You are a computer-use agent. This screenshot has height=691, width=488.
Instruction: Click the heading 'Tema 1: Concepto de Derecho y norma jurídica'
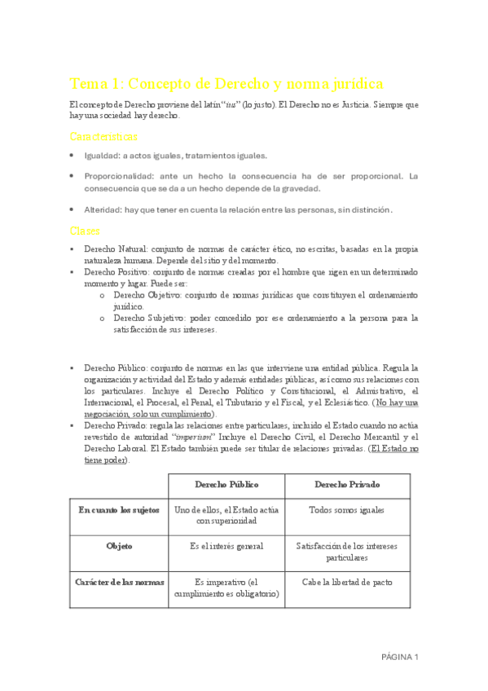(226, 84)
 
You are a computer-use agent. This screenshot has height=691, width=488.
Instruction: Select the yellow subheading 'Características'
(103, 136)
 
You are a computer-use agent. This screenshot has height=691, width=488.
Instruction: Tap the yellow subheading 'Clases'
(85, 231)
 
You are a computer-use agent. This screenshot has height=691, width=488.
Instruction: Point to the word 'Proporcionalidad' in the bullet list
(123, 176)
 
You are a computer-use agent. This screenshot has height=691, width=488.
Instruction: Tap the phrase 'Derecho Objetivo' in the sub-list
(147, 294)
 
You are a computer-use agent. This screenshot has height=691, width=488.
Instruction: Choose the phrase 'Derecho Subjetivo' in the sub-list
(150, 318)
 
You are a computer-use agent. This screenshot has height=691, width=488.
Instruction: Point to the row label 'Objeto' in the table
(119, 546)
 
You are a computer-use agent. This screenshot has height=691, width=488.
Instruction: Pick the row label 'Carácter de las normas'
(119, 582)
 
